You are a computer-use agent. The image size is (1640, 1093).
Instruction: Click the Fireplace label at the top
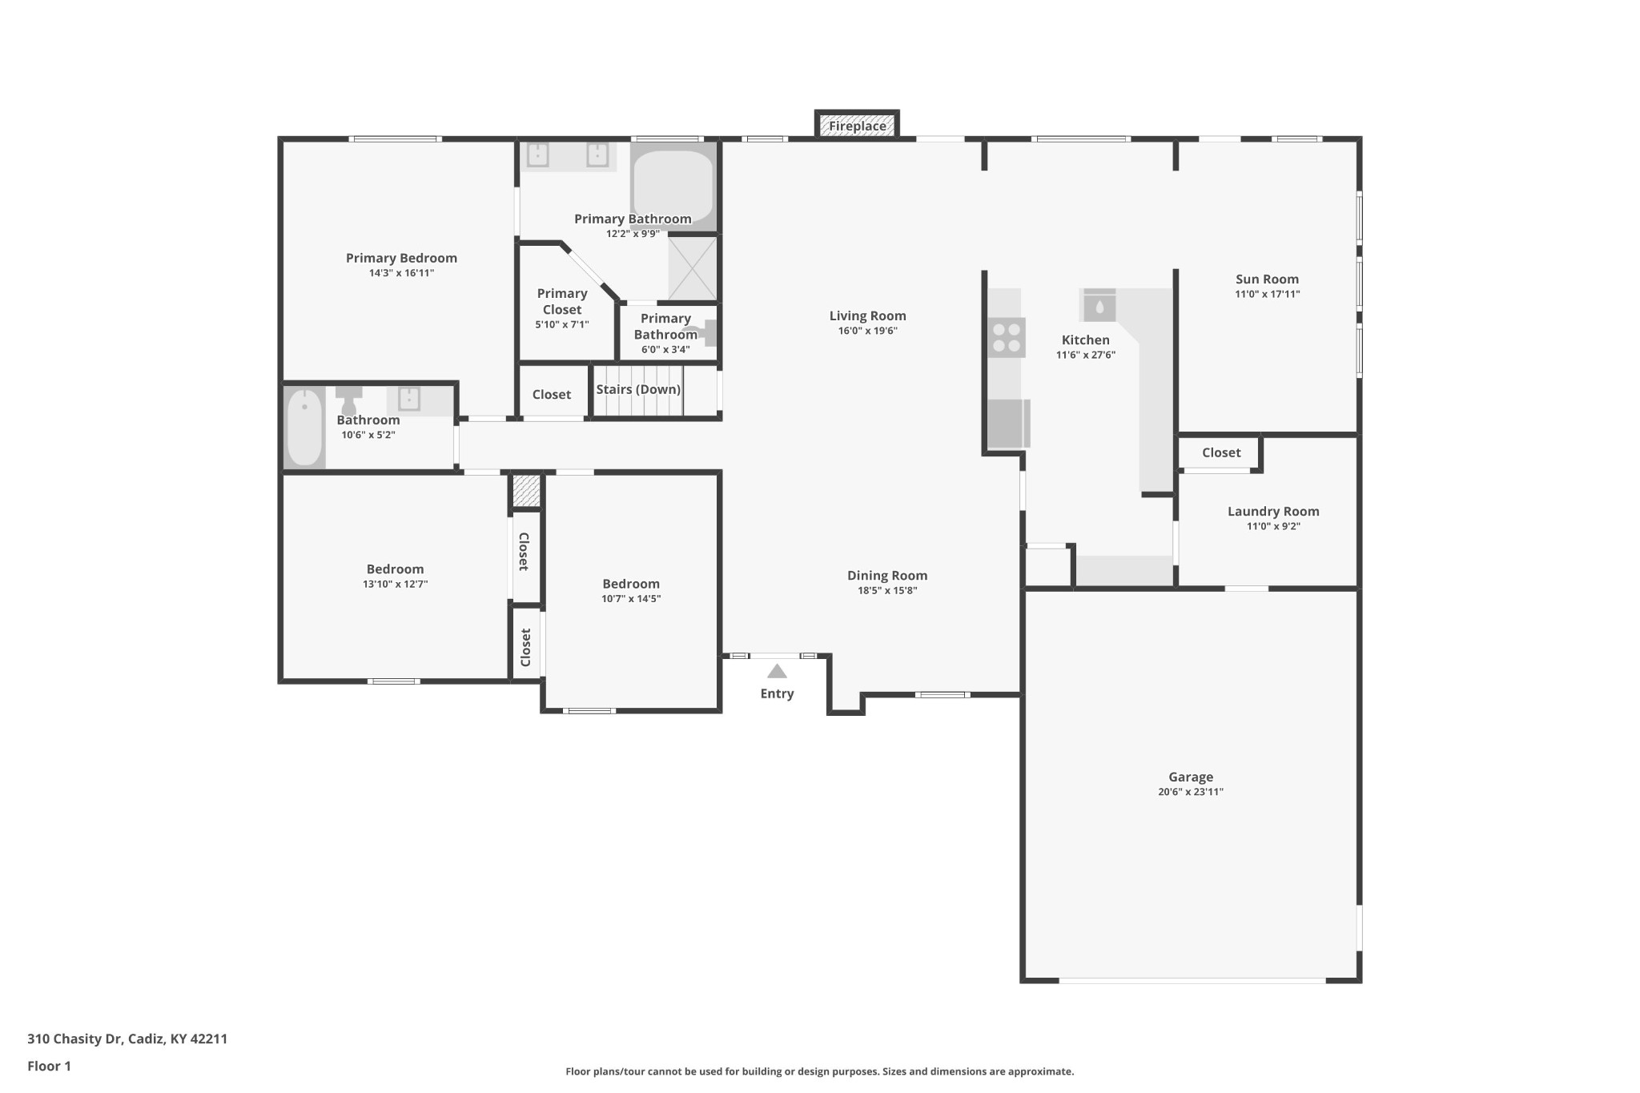click(x=857, y=126)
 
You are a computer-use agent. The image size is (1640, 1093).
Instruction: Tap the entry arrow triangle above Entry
click(x=777, y=672)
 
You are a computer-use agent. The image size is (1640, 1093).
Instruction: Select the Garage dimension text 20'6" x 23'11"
click(x=1190, y=792)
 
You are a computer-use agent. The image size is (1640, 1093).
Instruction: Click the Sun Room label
click(x=1267, y=279)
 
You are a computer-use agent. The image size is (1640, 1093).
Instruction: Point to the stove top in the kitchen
click(x=1007, y=337)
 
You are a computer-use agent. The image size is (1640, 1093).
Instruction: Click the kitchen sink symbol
click(x=1099, y=306)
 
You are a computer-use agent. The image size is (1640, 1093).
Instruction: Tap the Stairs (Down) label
click(x=638, y=389)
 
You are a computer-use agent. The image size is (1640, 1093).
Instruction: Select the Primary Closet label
click(x=562, y=301)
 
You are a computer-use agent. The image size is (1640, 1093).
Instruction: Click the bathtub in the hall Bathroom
click(x=304, y=427)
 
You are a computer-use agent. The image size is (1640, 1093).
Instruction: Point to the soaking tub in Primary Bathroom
click(x=673, y=187)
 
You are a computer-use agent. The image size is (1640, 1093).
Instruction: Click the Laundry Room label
click(x=1273, y=511)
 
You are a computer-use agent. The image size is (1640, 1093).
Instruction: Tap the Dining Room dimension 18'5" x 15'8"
click(x=887, y=591)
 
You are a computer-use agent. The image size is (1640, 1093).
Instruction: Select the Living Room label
click(x=867, y=315)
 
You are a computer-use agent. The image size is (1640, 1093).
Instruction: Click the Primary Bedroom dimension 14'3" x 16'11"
click(x=401, y=273)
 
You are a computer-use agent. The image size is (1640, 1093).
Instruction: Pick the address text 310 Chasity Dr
click(x=75, y=1039)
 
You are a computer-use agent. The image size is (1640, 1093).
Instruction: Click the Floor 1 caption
click(x=49, y=1066)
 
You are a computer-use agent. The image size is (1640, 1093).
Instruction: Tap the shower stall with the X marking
click(x=692, y=268)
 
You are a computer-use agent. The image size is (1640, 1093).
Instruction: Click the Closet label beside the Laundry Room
click(x=1221, y=452)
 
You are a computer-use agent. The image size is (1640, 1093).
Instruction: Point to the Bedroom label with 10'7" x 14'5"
click(x=631, y=584)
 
